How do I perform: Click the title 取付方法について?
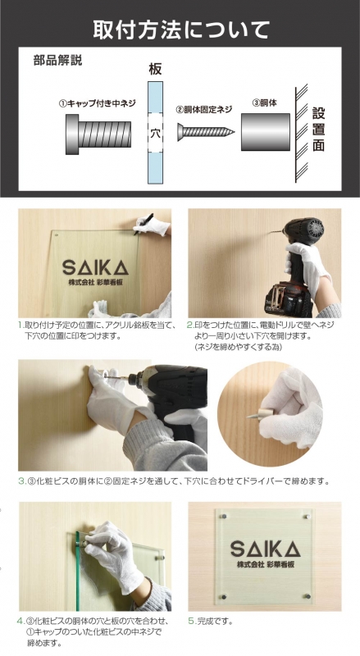pos(180,31)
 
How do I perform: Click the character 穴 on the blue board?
pos(155,131)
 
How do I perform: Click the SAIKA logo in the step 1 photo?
pos(95,268)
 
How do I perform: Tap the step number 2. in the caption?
pos(191,325)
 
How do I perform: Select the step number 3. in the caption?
pos(21,481)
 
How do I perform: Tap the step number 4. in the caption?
pos(21,621)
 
